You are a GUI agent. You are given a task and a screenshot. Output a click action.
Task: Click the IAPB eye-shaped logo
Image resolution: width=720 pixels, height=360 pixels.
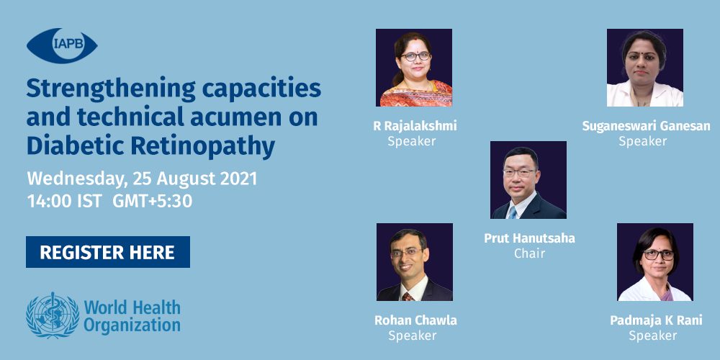(62, 46)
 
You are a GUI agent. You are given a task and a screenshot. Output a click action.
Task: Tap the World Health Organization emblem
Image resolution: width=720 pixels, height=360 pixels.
(53, 315)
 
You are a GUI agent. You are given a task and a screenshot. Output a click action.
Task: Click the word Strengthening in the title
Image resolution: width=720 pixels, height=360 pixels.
(111, 90)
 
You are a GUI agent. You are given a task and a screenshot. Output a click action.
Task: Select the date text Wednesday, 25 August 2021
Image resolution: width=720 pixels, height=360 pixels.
(142, 179)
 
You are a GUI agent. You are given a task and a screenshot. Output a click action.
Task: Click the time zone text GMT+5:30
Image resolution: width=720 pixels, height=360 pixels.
(152, 202)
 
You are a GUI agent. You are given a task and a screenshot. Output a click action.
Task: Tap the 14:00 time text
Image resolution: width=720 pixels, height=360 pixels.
(49, 202)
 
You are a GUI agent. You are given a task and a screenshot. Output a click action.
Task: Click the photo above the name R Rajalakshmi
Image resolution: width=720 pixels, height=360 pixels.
(414, 68)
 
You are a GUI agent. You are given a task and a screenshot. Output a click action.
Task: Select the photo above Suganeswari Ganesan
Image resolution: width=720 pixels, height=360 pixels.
(644, 68)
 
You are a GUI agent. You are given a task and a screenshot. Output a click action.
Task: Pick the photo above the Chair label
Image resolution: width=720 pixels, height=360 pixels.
(528, 179)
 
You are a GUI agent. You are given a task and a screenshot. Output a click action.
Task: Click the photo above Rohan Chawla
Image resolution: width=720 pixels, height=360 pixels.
(415, 262)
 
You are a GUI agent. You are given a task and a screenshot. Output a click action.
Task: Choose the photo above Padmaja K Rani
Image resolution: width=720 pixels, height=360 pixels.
(654, 262)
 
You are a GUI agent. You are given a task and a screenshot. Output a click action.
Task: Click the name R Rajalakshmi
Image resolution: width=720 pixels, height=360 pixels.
(415, 126)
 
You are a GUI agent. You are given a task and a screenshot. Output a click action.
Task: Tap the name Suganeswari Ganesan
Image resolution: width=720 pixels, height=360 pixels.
(646, 126)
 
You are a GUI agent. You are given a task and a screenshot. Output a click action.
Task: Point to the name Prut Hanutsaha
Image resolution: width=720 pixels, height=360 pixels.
(529, 238)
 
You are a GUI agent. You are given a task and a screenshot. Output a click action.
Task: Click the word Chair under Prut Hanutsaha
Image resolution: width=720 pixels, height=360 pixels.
(529, 253)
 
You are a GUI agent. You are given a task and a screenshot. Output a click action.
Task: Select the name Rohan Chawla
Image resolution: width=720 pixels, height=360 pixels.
(415, 320)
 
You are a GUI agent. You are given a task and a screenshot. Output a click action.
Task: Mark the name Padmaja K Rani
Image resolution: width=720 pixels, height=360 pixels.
(656, 320)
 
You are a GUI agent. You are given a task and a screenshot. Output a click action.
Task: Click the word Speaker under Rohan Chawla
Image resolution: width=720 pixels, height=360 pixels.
(413, 336)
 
